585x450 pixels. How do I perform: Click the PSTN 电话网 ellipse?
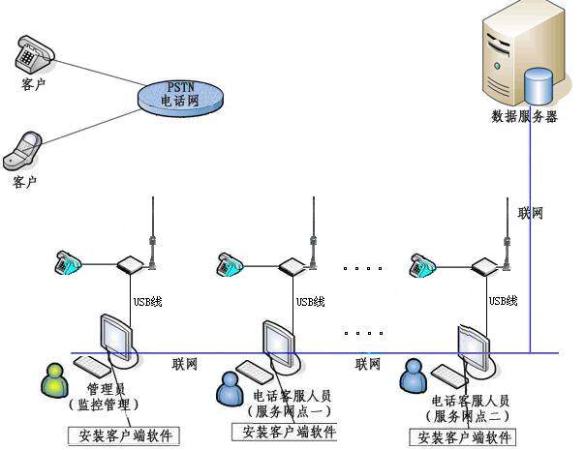point(183,94)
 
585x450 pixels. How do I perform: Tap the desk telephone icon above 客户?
point(33,55)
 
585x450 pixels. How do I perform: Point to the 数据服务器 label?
point(525,117)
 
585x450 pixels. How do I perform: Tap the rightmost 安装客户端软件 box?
point(464,437)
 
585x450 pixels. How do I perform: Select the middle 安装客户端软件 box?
point(283,432)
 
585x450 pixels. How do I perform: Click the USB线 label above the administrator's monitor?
point(147,302)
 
